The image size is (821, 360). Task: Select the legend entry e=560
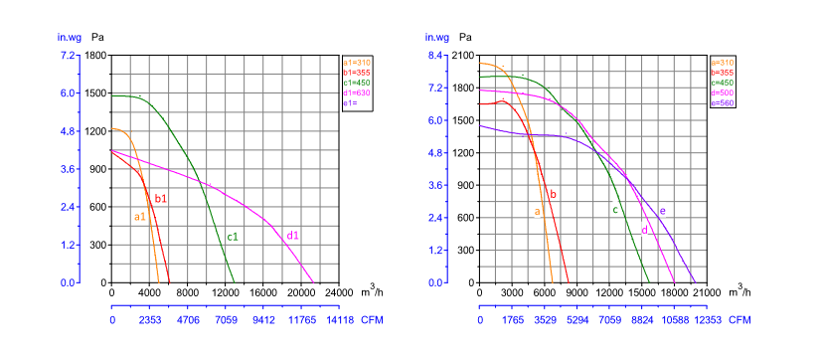[723, 102]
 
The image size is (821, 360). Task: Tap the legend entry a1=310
[356, 63]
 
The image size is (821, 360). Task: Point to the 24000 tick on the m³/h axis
[338, 293]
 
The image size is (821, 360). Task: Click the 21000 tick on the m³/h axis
[707, 293]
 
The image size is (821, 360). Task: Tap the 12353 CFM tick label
[707, 320]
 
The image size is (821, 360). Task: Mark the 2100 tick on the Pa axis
[463, 56]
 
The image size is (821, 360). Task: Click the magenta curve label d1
[293, 236]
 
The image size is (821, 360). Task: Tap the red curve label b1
[160, 199]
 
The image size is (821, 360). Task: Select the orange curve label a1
[140, 216]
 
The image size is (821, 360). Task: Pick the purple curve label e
[662, 211]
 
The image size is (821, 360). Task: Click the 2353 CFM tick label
[150, 320]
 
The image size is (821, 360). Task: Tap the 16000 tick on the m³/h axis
[262, 293]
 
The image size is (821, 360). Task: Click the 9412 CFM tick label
[262, 320]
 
